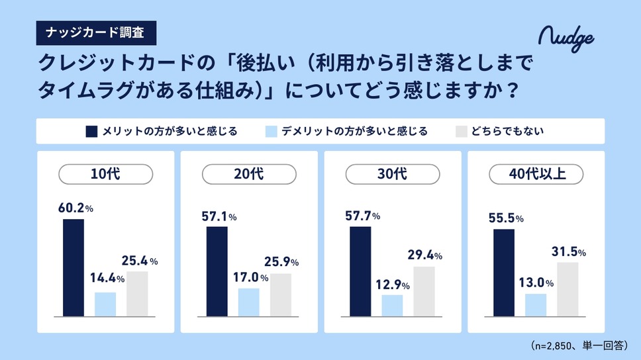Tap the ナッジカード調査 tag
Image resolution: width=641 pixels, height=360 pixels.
coord(96,31)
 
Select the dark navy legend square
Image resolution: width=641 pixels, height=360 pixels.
coord(92,131)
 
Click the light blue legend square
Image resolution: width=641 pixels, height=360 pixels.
coord(270,131)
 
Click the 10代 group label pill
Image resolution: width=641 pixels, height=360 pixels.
coord(106,175)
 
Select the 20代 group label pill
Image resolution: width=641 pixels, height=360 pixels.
coord(249,175)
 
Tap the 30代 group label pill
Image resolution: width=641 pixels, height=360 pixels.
coord(393,175)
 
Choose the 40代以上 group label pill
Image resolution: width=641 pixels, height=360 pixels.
coord(536,175)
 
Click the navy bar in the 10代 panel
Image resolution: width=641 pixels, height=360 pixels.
coord(74,267)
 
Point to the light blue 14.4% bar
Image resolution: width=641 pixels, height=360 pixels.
coord(105,304)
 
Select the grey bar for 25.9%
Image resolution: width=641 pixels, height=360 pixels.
coord(280,294)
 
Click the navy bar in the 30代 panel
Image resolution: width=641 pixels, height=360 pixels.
coord(360,271)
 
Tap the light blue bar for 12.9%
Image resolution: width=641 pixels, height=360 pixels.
coord(392,305)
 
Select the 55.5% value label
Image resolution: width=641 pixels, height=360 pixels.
coord(505,218)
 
